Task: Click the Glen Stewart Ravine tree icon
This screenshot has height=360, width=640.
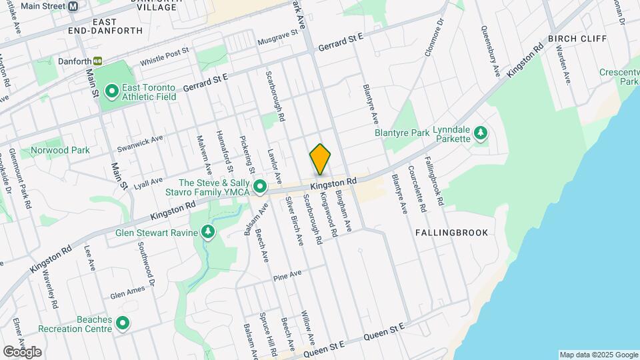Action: [x=209, y=231]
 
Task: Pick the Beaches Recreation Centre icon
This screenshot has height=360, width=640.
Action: [x=123, y=323]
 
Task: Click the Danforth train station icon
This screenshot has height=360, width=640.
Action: [x=98, y=61]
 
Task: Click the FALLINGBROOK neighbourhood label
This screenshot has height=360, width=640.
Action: [x=451, y=233]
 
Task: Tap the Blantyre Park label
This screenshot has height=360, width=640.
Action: [x=402, y=133]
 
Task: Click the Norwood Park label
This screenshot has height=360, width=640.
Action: [x=60, y=150]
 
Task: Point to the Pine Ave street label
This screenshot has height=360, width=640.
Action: [x=287, y=274]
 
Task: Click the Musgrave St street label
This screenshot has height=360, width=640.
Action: [x=276, y=40]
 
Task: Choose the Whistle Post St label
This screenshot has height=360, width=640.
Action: [x=165, y=57]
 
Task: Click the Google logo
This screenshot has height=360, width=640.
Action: [x=22, y=351]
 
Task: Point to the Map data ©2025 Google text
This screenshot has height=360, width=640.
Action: [x=598, y=355]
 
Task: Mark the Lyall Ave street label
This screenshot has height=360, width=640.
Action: [x=148, y=182]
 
